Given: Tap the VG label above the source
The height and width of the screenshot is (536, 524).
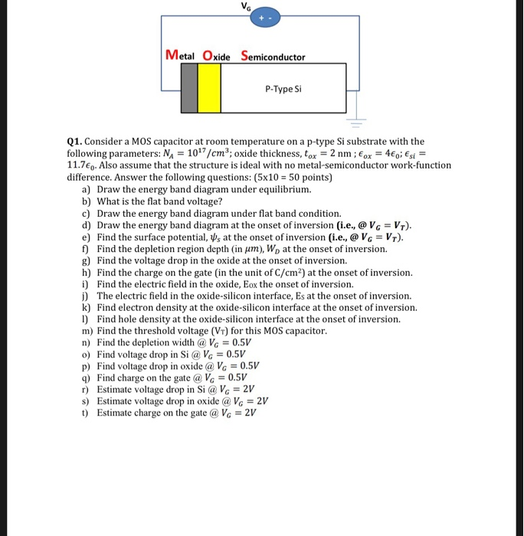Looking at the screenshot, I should coord(245,6).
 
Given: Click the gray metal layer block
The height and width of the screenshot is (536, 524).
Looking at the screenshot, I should coord(189,88).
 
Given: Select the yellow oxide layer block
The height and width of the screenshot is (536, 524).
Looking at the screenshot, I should coord(209,88).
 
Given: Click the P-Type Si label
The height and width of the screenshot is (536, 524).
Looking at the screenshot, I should coord(283,88).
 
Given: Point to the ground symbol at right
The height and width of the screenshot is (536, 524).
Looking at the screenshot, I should coord(360,119).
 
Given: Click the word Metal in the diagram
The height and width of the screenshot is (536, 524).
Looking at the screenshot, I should coord(182,56).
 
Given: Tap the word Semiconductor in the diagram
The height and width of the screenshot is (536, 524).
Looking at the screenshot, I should coord(273,57).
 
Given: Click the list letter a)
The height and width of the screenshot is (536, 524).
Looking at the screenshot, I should coord(87,189).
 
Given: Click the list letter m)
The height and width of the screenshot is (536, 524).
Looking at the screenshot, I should coord(87,331).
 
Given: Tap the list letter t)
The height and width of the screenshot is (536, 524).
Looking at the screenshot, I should coord(86,413).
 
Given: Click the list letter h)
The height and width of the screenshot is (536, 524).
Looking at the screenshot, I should coord(87,272).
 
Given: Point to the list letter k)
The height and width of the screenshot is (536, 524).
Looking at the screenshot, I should coord(87,307).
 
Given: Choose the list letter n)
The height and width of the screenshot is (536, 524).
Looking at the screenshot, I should coord(87,342).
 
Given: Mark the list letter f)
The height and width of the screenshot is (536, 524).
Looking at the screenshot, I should coord(86,249).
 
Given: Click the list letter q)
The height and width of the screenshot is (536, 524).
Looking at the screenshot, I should coord(87,377).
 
